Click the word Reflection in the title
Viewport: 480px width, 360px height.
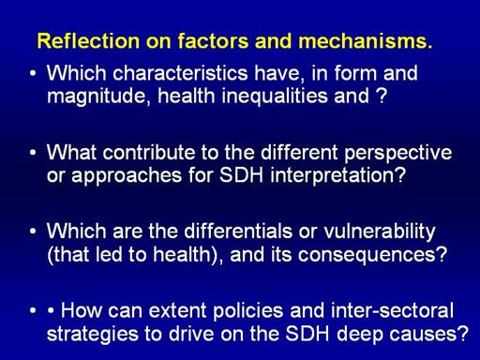point(88,41)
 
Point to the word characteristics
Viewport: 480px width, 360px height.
point(180,73)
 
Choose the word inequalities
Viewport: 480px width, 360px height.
point(274,96)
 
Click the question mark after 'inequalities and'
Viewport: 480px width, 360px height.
point(382,96)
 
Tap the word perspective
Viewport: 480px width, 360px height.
point(397,154)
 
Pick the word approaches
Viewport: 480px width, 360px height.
point(127,176)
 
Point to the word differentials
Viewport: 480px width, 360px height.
point(238,232)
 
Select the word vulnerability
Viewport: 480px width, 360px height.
point(379,232)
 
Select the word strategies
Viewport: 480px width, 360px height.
point(92,335)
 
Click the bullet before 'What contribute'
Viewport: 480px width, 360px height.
point(33,153)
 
